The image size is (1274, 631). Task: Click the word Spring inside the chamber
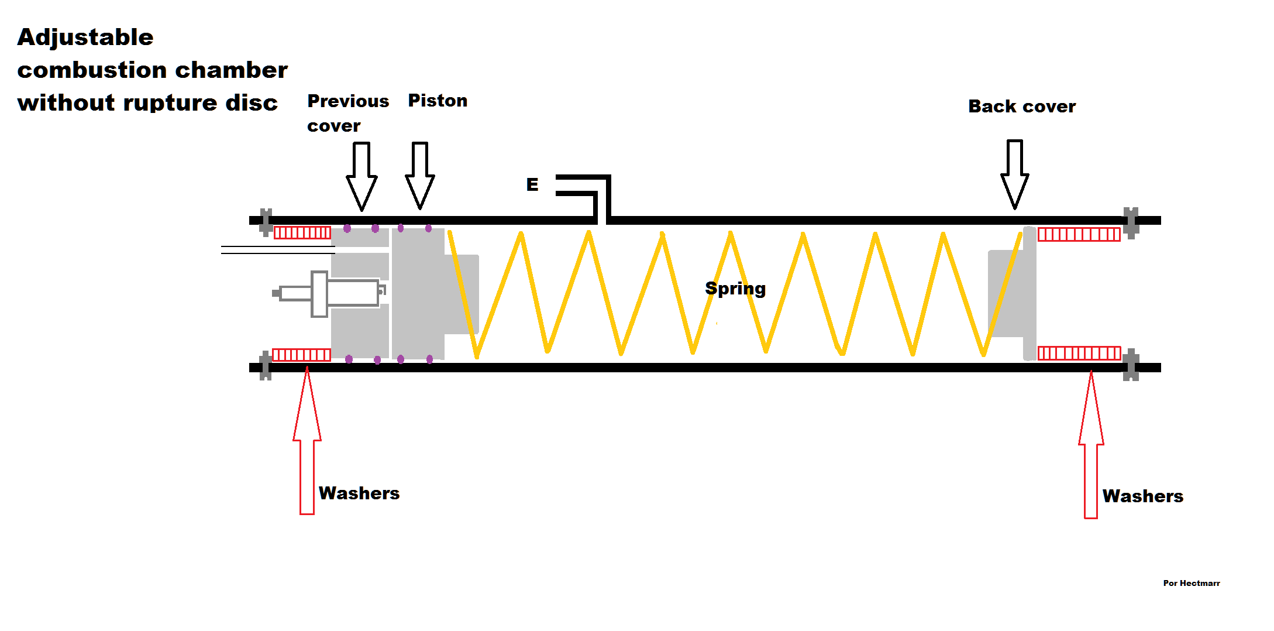pyautogui.click(x=735, y=289)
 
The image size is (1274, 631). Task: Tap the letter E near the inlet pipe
pyautogui.click(x=532, y=185)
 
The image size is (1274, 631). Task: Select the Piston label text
pyautogui.click(x=438, y=101)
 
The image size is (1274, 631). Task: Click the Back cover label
pyautogui.click(x=1021, y=107)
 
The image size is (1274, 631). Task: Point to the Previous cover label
pyautogui.click(x=347, y=113)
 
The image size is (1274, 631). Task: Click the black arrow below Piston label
pyautogui.click(x=419, y=175)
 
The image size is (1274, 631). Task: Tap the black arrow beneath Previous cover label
pyautogui.click(x=361, y=176)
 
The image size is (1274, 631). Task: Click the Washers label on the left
pyautogui.click(x=359, y=493)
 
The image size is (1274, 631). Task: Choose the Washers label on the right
pyautogui.click(x=1142, y=496)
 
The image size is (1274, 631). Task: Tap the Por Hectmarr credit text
pyautogui.click(x=1191, y=584)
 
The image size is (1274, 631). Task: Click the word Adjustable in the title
pyautogui.click(x=85, y=37)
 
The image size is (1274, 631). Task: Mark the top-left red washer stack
pyautogui.click(x=302, y=233)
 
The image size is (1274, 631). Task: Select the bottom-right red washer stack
pyautogui.click(x=1079, y=354)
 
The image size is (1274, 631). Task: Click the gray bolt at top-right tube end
pyautogui.click(x=1131, y=222)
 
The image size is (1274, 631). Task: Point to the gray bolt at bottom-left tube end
pyautogui.click(x=266, y=366)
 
